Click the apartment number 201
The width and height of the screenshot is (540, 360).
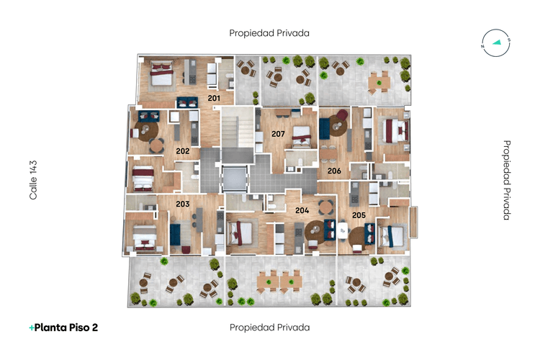[214, 97]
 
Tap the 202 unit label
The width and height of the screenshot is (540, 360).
[183, 151]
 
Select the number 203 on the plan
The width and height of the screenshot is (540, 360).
[183, 204]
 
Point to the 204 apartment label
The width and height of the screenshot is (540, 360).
[302, 210]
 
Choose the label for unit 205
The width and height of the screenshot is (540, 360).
[359, 215]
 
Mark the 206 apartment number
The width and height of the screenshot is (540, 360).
[333, 171]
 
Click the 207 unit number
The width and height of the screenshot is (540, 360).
[278, 134]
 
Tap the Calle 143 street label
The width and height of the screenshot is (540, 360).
[33, 180]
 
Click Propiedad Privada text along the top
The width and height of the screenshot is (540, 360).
[269, 33]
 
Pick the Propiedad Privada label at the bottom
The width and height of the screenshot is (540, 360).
[269, 328]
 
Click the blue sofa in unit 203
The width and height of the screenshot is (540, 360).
[175, 236]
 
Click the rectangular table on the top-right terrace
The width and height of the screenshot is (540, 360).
[379, 83]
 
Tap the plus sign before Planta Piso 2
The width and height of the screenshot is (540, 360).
[31, 328]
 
